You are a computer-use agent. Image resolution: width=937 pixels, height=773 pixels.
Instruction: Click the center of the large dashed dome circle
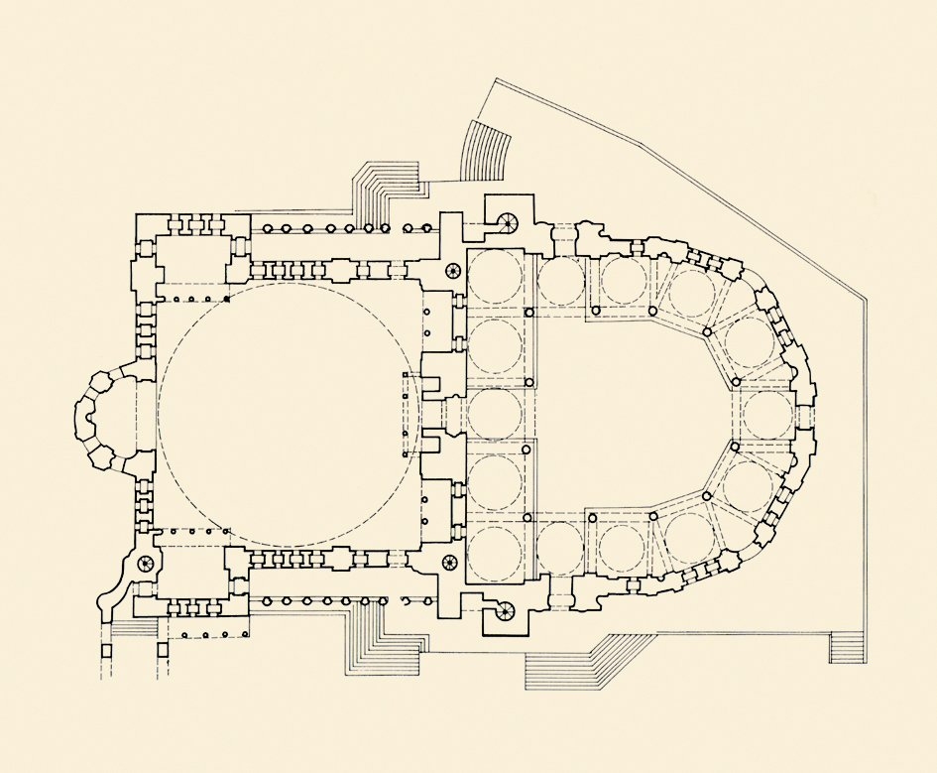[x=288, y=416]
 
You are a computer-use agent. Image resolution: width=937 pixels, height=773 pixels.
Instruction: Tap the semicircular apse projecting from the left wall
[x=99, y=416]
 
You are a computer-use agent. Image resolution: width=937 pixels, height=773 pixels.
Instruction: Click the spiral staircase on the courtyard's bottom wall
[x=507, y=611]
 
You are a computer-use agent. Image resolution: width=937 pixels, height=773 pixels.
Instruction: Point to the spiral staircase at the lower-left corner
[x=145, y=564]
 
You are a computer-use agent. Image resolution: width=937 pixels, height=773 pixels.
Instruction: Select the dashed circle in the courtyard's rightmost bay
[x=767, y=415]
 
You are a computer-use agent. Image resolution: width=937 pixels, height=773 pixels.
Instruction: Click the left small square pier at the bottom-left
[x=108, y=652]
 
